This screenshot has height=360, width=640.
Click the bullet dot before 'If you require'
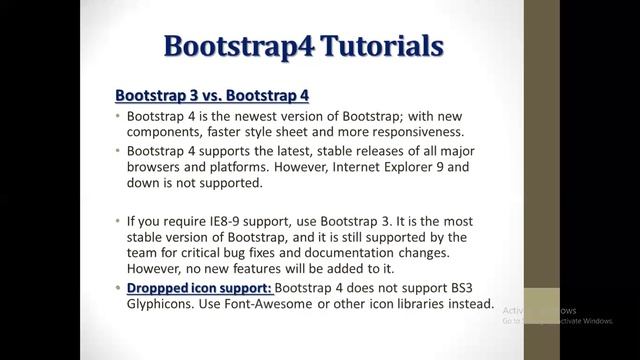[118, 219]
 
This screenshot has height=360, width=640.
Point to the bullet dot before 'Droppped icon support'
[118, 288]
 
